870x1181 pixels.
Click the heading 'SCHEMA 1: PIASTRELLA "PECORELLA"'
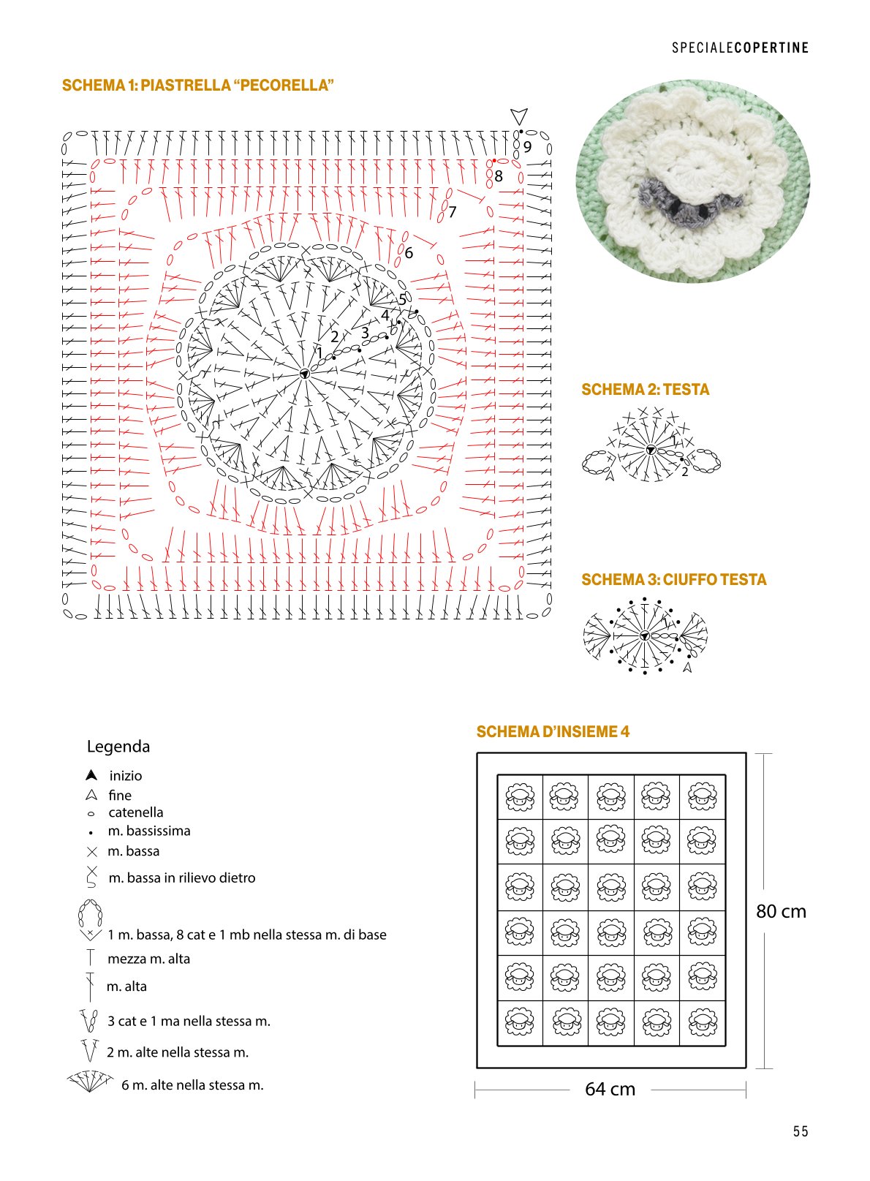(197, 86)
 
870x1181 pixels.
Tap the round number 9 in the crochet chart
(527, 146)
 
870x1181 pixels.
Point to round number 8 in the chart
(499, 176)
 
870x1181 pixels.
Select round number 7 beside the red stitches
(452, 212)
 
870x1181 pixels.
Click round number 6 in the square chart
(409, 253)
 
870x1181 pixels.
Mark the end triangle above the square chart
(519, 116)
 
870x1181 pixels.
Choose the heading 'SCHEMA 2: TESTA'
(645, 390)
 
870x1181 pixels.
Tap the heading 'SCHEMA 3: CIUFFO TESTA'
(673, 579)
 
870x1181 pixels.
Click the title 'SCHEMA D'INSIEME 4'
(553, 732)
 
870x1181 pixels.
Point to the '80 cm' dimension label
(781, 912)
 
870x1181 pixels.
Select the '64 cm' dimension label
(610, 1090)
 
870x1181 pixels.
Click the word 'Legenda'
(118, 747)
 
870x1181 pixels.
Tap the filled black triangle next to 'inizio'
(91, 775)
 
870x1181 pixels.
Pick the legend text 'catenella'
(136, 812)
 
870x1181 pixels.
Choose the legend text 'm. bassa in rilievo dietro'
(182, 878)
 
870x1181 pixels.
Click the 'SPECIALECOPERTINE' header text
(740, 48)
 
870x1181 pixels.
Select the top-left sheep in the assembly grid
(520, 796)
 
